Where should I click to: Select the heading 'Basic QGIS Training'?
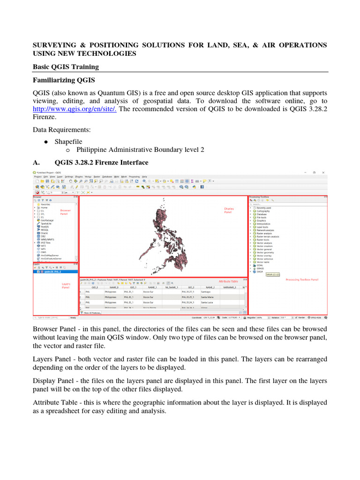pyautogui.click(x=66, y=67)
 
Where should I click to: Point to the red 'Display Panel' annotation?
pyautogui.click(x=229, y=210)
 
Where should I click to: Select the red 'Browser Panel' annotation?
pyautogui.click(x=65, y=212)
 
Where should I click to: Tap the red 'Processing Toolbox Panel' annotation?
pyautogui.click(x=302, y=279)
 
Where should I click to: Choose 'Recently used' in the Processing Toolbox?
pyautogui.click(x=264, y=208)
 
